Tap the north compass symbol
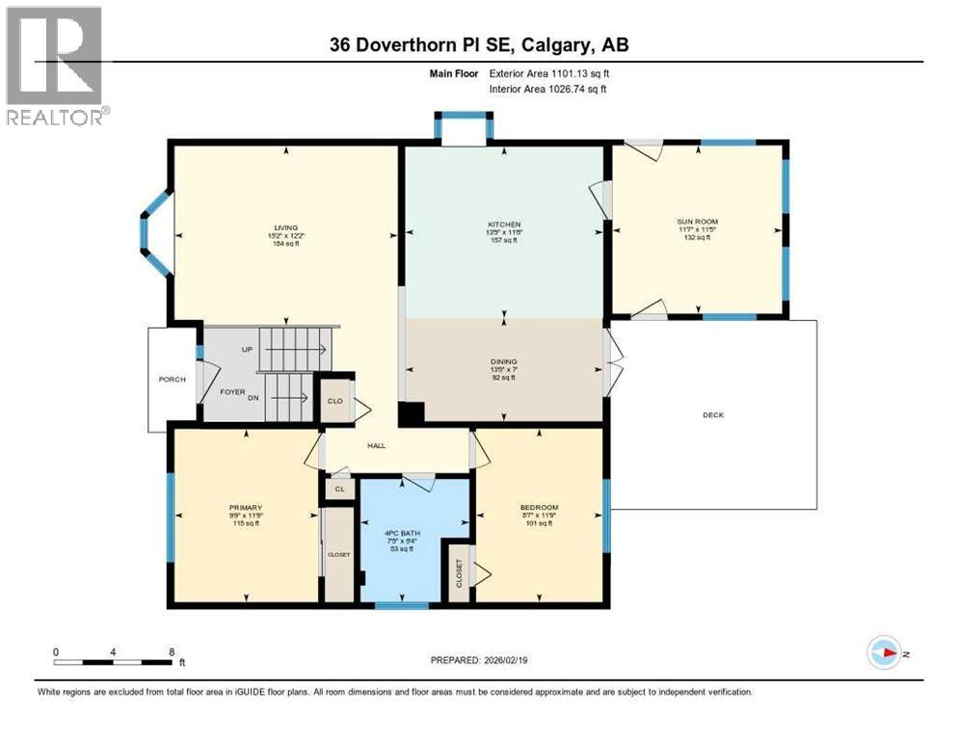883,652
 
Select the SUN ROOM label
697,222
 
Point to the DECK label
712,415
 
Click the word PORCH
171,379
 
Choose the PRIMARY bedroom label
246,508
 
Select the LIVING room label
285,227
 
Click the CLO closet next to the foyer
335,400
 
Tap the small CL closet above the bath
338,489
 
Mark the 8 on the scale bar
172,652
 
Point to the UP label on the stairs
247,350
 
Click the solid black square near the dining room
411,412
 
